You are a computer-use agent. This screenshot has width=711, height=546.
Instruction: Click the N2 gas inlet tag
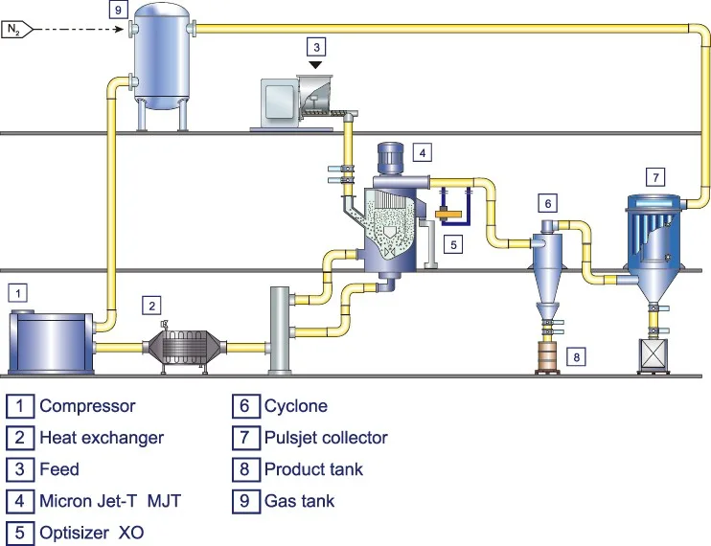tap(17, 30)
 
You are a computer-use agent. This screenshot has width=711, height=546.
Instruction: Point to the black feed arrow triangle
tap(315, 63)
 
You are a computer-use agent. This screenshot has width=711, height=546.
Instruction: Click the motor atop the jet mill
tap(389, 159)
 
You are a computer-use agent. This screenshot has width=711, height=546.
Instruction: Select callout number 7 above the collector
tap(654, 177)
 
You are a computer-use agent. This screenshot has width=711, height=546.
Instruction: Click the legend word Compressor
tap(87, 406)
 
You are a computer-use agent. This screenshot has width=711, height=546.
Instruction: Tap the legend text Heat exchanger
tap(102, 438)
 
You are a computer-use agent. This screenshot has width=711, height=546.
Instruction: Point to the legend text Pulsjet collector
tap(326, 438)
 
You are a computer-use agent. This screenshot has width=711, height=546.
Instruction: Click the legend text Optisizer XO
tap(92, 532)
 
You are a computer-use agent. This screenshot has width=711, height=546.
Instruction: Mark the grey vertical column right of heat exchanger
tap(281, 330)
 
